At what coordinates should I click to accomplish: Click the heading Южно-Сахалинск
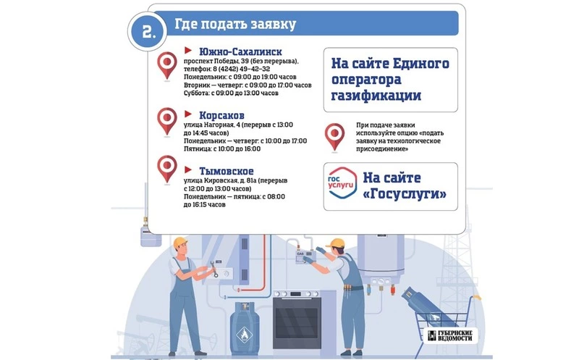[240, 51]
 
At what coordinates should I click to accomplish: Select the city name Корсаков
[221, 115]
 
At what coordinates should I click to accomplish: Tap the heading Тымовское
[227, 171]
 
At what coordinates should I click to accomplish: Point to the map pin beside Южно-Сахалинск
[167, 65]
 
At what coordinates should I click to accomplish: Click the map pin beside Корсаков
[167, 121]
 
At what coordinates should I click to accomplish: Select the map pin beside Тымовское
[167, 169]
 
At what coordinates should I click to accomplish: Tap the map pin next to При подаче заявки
[334, 137]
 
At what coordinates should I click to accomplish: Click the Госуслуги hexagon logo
[342, 183]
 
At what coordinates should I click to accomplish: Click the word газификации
[376, 96]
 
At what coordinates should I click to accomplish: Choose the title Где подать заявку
[235, 24]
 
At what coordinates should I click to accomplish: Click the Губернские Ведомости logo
[450, 335]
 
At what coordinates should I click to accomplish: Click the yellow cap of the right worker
[336, 243]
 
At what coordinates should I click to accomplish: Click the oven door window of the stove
[297, 322]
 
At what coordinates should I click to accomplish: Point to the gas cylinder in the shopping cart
[428, 306]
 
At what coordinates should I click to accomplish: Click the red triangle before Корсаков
[188, 114]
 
